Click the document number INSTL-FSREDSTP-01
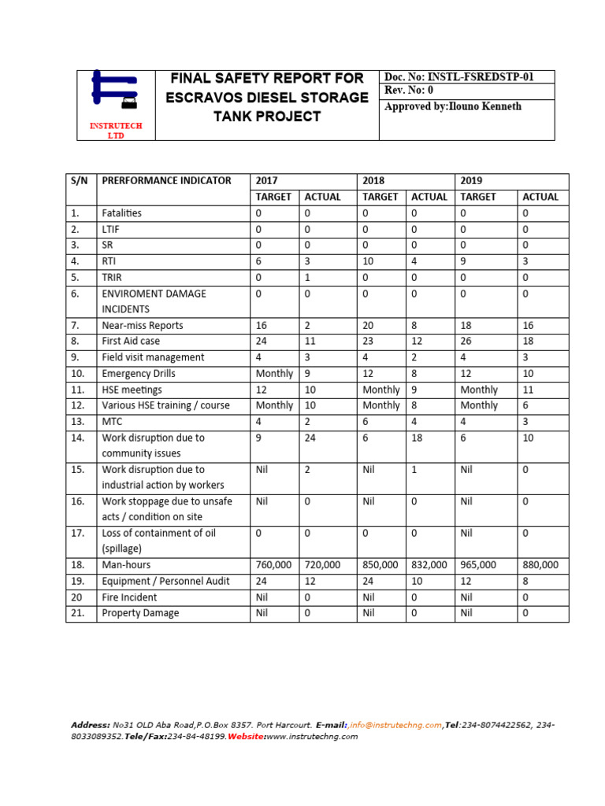click(x=487, y=77)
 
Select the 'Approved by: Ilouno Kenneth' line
click(x=452, y=106)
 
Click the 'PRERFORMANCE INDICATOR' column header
click(x=166, y=180)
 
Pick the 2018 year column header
click(x=373, y=180)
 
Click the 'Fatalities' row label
click(x=122, y=213)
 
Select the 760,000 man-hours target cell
click(x=273, y=564)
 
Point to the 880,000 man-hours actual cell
click(x=540, y=564)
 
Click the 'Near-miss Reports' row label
click(x=142, y=325)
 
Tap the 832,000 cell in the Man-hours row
click(x=429, y=564)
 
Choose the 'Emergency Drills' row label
click(x=139, y=373)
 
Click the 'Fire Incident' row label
click(x=129, y=597)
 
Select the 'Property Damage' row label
click(x=140, y=612)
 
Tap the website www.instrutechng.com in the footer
click(x=312, y=737)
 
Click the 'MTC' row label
click(x=113, y=421)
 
